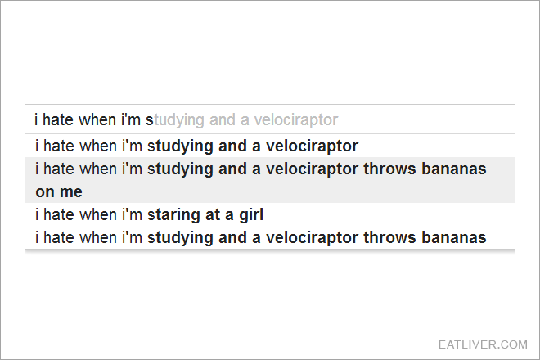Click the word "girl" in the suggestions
point(251,215)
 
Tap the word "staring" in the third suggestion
point(173,215)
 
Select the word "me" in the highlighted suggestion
point(72,192)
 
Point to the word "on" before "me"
point(45,192)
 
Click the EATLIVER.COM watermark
point(483,344)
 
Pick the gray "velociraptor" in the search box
point(296,120)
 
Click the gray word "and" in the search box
point(222,120)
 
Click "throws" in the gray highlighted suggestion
point(389,169)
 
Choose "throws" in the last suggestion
point(389,237)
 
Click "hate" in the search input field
point(58,120)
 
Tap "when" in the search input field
point(97,120)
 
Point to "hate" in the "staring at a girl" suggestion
point(59,214)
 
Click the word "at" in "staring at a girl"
point(213,215)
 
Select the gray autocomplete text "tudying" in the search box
point(179,120)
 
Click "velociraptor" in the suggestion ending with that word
point(312,146)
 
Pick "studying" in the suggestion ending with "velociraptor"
point(180,146)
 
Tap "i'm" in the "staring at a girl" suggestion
point(132,214)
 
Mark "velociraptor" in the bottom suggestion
point(312,238)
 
